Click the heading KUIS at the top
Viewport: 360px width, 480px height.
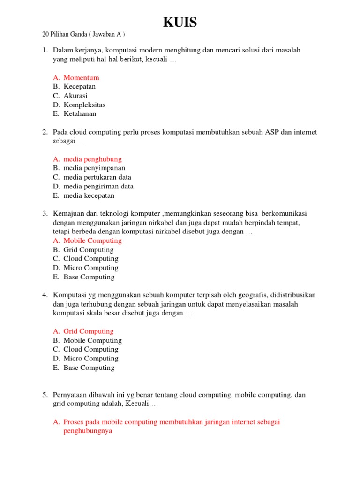(x=180, y=22)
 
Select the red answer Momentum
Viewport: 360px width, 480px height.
(x=81, y=78)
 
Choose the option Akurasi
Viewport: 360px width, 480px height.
(x=75, y=96)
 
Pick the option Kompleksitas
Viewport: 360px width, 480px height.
(x=84, y=105)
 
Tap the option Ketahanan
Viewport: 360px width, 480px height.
(x=80, y=114)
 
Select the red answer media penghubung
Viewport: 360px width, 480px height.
(x=92, y=159)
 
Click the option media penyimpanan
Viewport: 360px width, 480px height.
(x=94, y=168)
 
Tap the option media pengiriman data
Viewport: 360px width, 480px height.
(x=98, y=187)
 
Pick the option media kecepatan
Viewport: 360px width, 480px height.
(x=89, y=195)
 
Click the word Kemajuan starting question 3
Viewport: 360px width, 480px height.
(x=67, y=214)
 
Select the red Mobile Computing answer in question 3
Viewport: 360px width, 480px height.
(x=92, y=241)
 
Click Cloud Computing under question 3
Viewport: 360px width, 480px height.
(x=91, y=259)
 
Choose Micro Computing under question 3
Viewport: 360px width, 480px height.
(x=91, y=268)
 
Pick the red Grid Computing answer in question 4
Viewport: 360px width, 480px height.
(x=89, y=331)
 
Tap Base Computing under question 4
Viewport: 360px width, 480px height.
(x=89, y=368)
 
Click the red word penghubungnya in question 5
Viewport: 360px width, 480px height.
(x=88, y=431)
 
